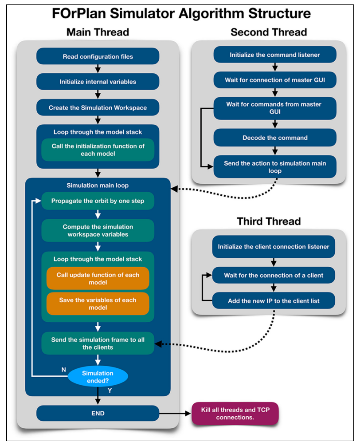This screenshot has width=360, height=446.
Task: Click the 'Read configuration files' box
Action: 98,56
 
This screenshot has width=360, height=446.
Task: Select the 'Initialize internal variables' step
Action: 98,82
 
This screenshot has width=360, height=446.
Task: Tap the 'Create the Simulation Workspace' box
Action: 98,107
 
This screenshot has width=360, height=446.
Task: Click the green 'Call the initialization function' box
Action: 98,150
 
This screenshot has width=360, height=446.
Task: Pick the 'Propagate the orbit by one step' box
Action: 98,201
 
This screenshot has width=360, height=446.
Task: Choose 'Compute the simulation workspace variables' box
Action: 98,230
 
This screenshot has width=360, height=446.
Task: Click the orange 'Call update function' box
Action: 98,278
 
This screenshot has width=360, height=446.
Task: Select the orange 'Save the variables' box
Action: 98,304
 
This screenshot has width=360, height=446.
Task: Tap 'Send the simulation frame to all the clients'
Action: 98,343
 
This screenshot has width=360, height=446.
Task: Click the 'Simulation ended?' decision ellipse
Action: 98,376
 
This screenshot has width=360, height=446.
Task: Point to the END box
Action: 98,413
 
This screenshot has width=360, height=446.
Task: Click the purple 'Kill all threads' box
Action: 235,414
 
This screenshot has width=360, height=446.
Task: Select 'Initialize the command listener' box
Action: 275,55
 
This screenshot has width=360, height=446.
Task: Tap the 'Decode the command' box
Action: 275,138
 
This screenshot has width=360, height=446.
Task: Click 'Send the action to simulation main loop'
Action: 275,167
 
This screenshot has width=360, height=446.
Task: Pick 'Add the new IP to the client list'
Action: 274,300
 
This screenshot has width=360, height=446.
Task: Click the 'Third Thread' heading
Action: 269,221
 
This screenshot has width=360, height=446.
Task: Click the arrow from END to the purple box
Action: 175,413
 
